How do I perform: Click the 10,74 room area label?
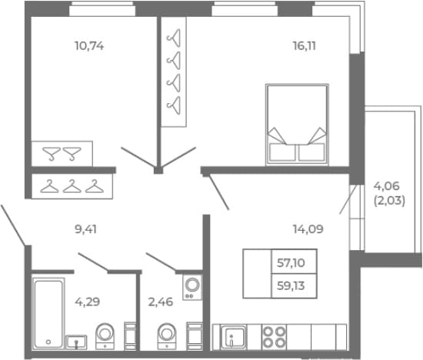click(x=89, y=46)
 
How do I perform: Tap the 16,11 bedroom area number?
click(x=305, y=46)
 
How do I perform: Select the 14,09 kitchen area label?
click(x=308, y=229)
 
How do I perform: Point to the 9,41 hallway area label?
click(x=85, y=229)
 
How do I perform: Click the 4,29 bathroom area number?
click(x=88, y=302)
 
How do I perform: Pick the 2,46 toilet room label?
click(x=161, y=302)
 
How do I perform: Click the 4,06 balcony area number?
click(x=386, y=186)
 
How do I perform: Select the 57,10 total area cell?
click(x=294, y=262)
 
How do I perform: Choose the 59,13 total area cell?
click(x=294, y=286)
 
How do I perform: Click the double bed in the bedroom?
click(x=297, y=125)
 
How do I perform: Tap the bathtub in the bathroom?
click(x=48, y=313)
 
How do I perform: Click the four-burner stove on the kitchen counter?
click(x=274, y=336)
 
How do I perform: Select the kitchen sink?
click(x=233, y=337)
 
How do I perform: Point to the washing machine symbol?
click(x=192, y=288)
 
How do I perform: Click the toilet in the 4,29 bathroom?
click(x=105, y=336)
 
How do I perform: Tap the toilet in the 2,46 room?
click(x=167, y=336)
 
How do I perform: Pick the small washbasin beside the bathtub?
click(x=76, y=342)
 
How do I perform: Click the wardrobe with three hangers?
click(x=72, y=186)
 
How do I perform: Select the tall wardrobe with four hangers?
click(x=174, y=72)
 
